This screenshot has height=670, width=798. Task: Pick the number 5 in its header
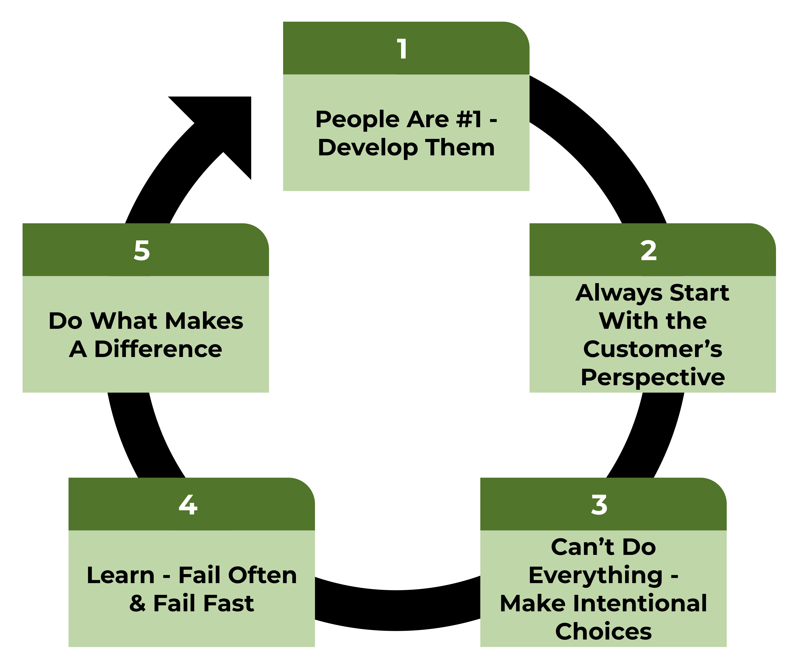[142, 251]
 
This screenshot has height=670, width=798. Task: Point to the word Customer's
[653, 349]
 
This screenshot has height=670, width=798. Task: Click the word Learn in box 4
[120, 575]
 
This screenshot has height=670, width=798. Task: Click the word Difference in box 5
[158, 349]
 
